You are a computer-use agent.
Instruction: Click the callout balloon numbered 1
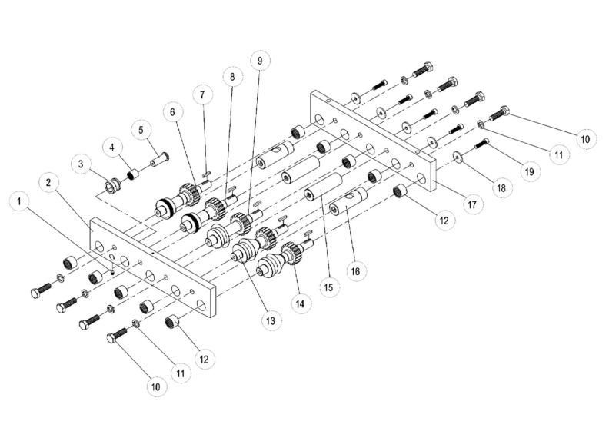pyautogui.click(x=19, y=202)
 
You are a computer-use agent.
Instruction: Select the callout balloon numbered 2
pyautogui.click(x=48, y=183)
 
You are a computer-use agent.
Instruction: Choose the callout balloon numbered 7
pyautogui.click(x=201, y=94)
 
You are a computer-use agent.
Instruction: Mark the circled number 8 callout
pyautogui.click(x=231, y=76)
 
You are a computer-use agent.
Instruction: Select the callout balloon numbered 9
pyautogui.click(x=260, y=59)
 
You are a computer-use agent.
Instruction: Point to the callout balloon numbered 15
pyautogui.click(x=328, y=287)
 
